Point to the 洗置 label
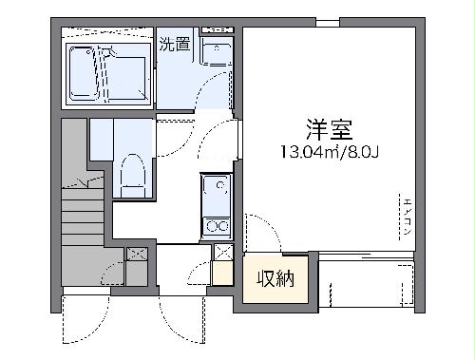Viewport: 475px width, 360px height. click(174, 44)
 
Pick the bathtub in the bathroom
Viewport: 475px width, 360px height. click(107, 70)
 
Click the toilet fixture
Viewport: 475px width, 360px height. click(131, 177)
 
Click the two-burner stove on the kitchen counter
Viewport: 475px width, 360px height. click(216, 226)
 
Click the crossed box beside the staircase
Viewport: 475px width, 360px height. click(136, 254)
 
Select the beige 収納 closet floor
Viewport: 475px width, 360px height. click(275, 290)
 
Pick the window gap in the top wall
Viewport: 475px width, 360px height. click(328, 22)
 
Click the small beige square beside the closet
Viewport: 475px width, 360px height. click(221, 275)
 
